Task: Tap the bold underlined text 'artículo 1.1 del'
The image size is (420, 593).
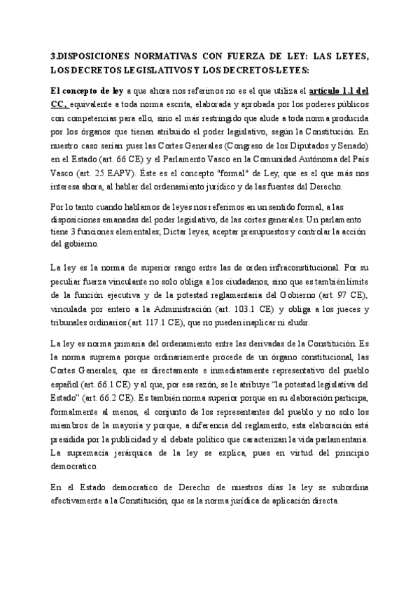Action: pyautogui.click(x=339, y=90)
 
